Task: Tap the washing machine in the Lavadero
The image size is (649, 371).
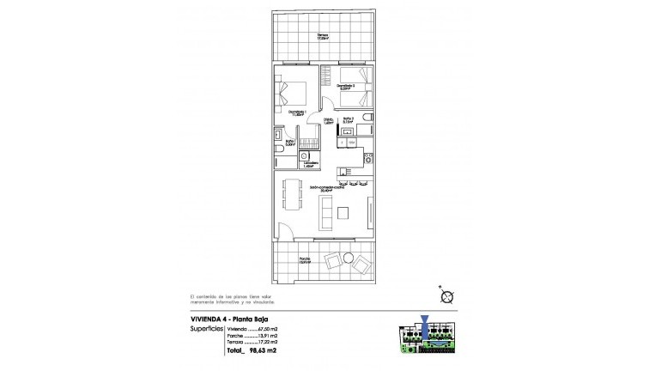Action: coord(306,155)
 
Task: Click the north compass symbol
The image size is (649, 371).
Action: coord(446,296)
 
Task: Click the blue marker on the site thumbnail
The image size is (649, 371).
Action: coord(428,324)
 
